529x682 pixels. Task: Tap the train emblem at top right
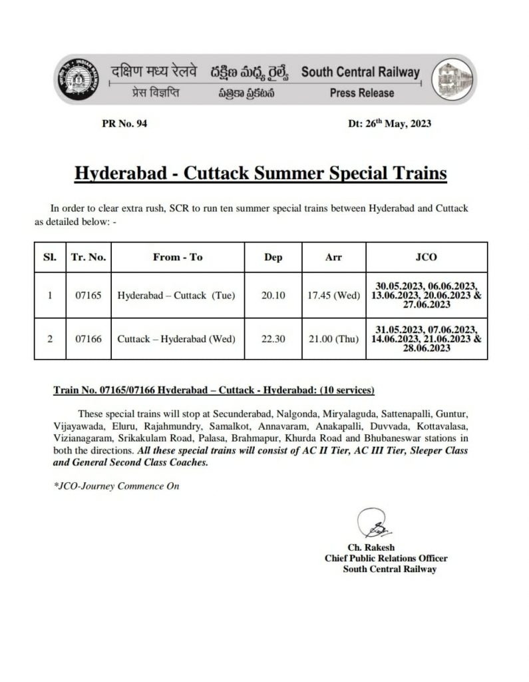pyautogui.click(x=452, y=81)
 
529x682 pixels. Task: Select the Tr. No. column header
pyautogui.click(x=88, y=257)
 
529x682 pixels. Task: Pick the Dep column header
pyautogui.click(x=273, y=257)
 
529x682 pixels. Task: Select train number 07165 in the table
pyautogui.click(x=88, y=294)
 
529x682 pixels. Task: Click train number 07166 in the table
pyautogui.click(x=88, y=338)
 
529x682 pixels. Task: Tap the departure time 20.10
pyautogui.click(x=273, y=294)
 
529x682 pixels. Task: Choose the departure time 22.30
pyautogui.click(x=273, y=338)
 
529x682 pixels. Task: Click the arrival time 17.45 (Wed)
pyautogui.click(x=333, y=294)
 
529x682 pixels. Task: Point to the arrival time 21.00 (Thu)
pyautogui.click(x=333, y=338)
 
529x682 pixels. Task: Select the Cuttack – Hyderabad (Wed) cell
pyautogui.click(x=176, y=338)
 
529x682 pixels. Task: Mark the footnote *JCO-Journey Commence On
pyautogui.click(x=116, y=486)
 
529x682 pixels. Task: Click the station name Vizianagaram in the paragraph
pyautogui.click(x=82, y=438)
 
